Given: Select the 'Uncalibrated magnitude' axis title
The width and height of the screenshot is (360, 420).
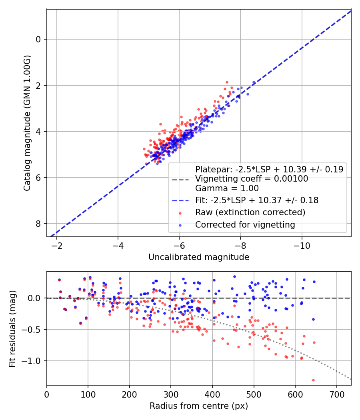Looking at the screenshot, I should point(199,257).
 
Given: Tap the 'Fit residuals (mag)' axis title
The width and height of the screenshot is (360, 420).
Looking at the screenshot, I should point(12,329).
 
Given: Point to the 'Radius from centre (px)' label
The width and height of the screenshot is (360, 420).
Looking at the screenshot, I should point(199,406).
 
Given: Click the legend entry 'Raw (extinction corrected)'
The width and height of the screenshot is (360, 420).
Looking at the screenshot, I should point(250,212).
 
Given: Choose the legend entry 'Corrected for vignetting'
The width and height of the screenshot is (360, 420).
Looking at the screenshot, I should point(245,225).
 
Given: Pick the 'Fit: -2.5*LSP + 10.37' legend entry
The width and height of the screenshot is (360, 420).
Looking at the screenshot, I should point(256,200).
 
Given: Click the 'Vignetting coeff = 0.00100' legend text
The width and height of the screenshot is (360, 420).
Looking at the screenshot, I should point(252,179).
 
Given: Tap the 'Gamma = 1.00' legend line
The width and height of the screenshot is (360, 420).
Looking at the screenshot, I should point(227,188).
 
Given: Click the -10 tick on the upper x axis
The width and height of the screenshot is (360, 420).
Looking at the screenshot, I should point(302,245).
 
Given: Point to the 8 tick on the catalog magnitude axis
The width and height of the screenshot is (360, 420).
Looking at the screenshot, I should point(38,224).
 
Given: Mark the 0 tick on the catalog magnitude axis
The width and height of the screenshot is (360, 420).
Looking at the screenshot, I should point(38,39).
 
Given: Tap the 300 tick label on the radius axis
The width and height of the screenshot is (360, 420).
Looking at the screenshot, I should point(171,394).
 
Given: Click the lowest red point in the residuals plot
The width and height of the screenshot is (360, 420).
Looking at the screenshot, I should point(313,380).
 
